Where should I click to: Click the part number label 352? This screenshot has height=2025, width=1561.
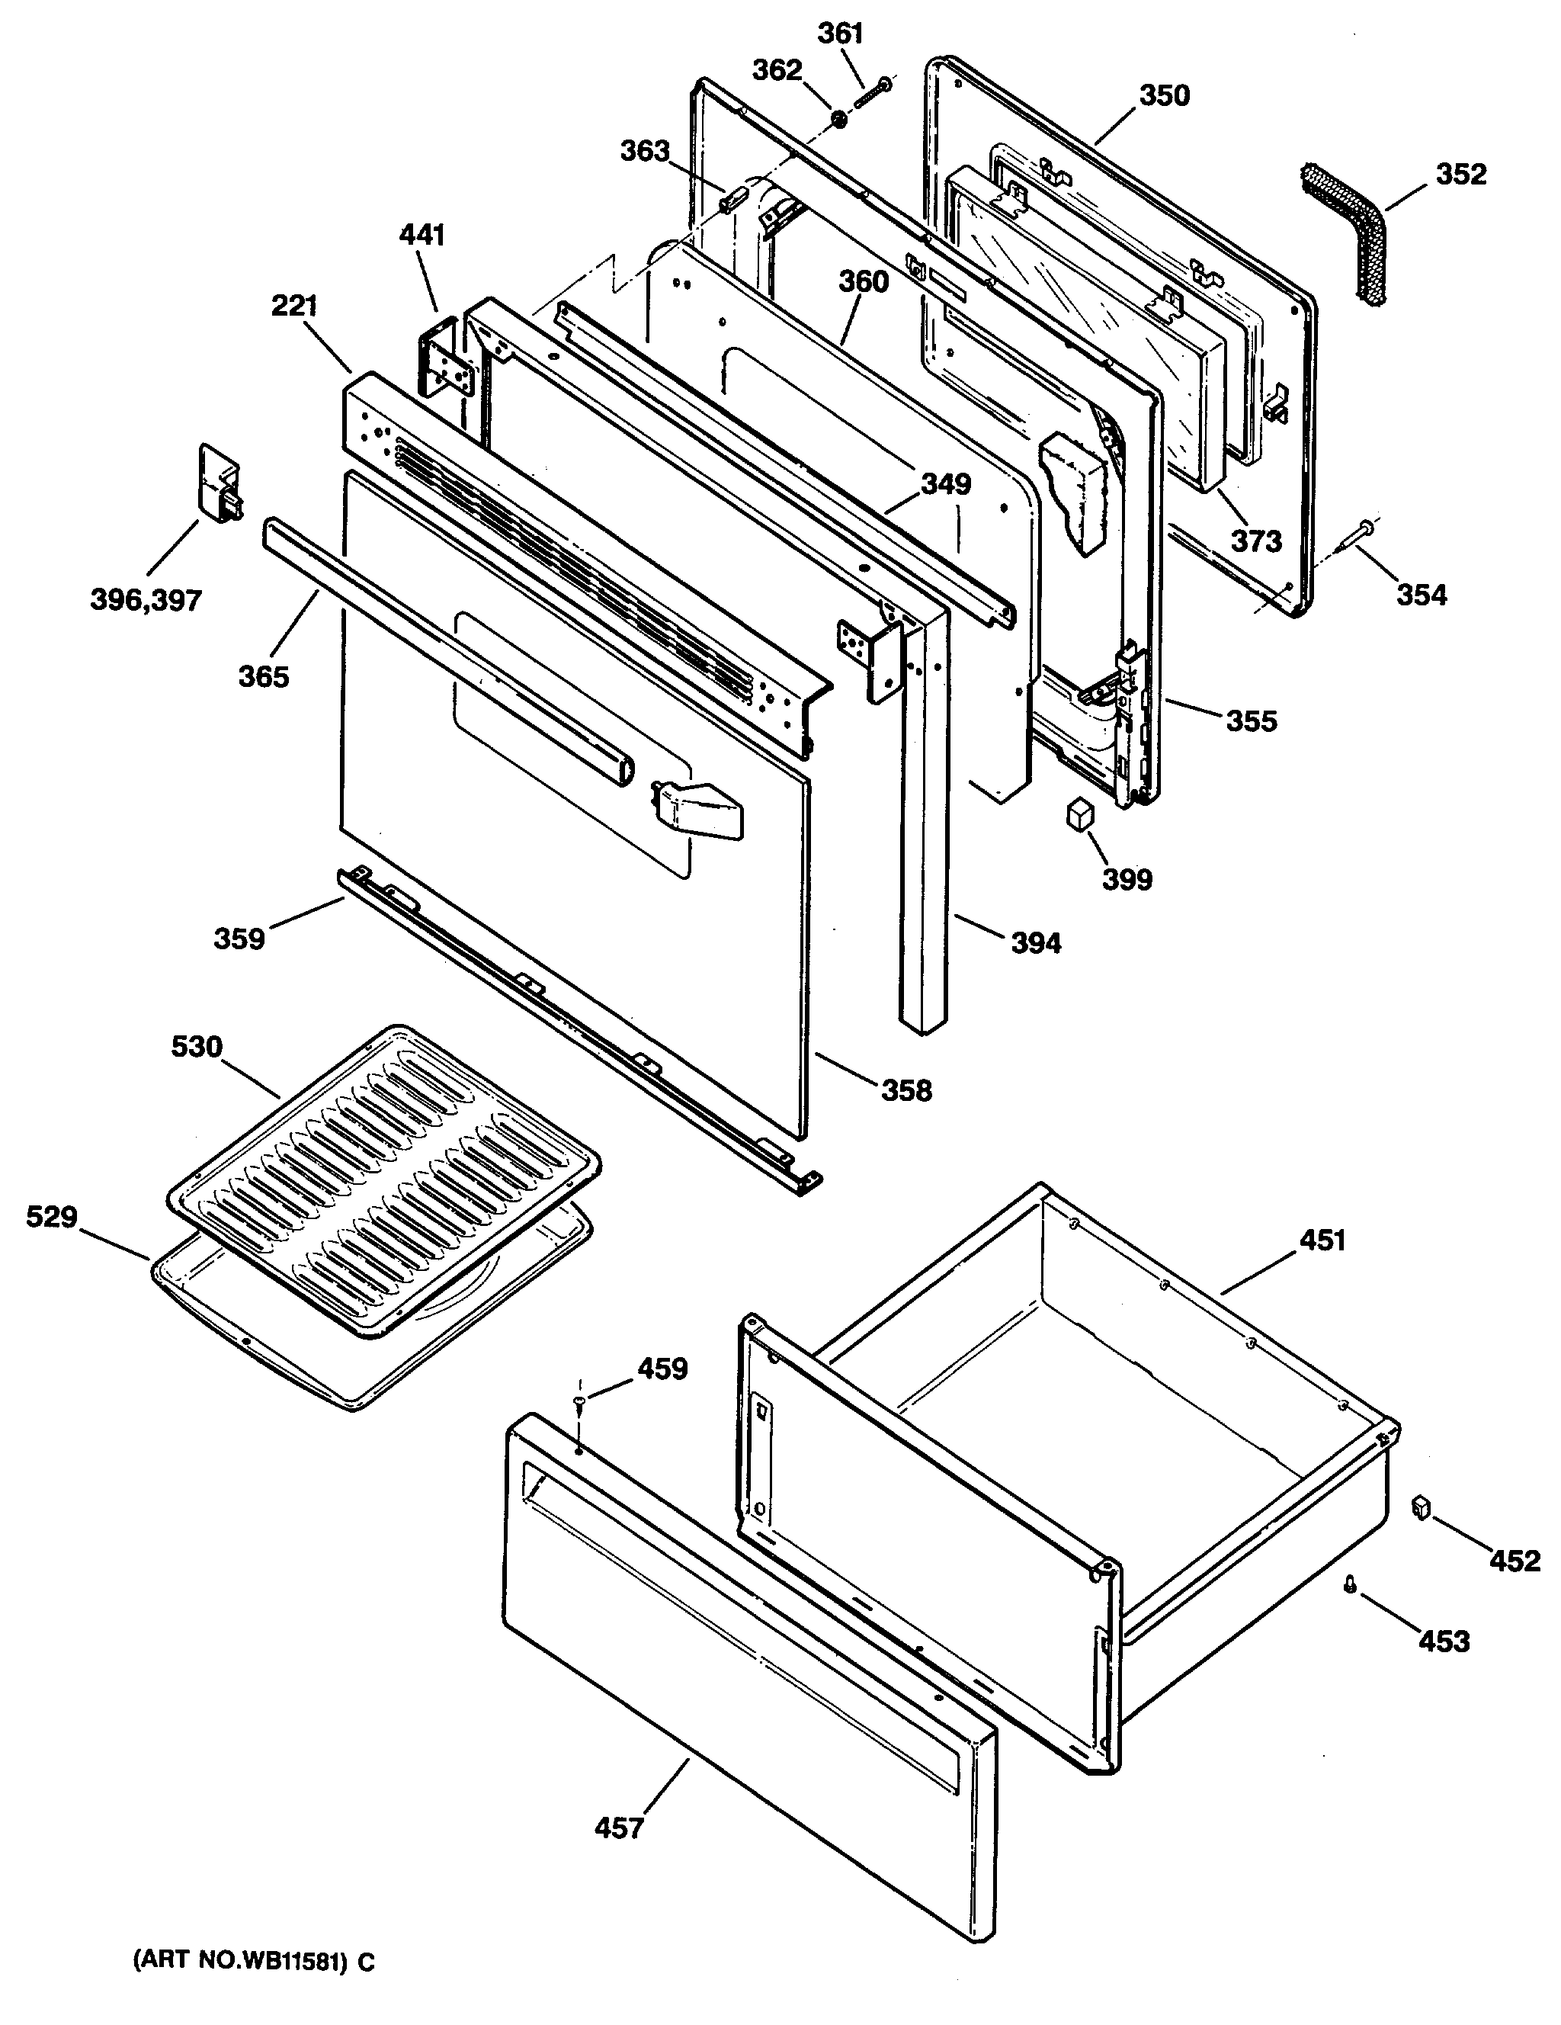pyautogui.click(x=1461, y=175)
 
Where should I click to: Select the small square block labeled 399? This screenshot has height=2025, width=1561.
pyautogui.click(x=1080, y=814)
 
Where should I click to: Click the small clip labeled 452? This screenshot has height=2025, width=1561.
pyautogui.click(x=1419, y=1507)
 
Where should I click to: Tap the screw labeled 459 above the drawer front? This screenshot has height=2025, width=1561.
pyautogui.click(x=579, y=1401)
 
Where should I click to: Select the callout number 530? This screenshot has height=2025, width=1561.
pyautogui.click(x=197, y=1047)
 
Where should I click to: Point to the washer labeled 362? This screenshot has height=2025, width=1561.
pyautogui.click(x=840, y=119)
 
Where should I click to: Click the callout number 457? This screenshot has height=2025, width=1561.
pyautogui.click(x=618, y=1828)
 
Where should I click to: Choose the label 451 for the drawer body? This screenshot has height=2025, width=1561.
pyautogui.click(x=1322, y=1240)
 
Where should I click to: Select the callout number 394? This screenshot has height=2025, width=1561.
pyautogui.click(x=1035, y=943)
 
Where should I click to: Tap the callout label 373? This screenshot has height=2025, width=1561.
pyautogui.click(x=1256, y=541)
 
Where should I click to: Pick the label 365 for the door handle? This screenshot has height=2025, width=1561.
pyautogui.click(x=264, y=677)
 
